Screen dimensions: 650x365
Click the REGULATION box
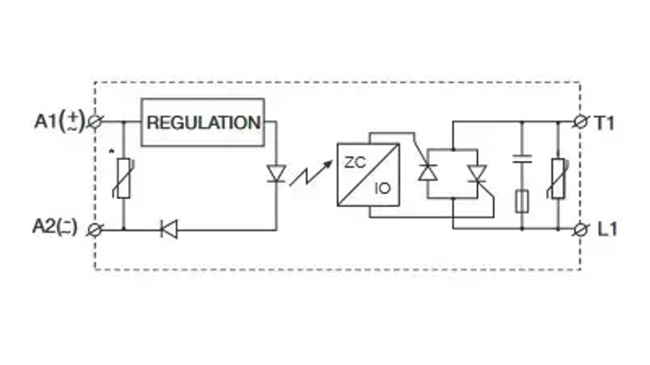(203, 122)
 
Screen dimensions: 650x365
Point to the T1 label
(604, 123)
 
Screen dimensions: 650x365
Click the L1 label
(608, 229)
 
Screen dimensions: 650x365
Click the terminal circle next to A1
(95, 122)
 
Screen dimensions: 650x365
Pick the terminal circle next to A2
(95, 230)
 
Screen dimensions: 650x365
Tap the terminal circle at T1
(581, 122)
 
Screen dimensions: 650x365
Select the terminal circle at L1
(581, 229)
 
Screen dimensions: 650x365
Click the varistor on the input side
(123, 178)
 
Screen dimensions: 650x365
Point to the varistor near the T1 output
(558, 178)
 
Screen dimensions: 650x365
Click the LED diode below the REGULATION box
(276, 174)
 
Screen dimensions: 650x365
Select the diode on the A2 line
(169, 229)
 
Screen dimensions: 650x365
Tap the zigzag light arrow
(311, 173)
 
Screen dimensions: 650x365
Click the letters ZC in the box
(355, 162)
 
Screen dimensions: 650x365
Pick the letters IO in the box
(382, 189)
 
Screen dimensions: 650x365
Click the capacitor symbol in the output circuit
(522, 159)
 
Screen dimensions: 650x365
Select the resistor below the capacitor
(522, 202)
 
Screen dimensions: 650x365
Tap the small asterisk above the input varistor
(111, 152)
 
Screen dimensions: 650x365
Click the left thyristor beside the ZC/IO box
(427, 172)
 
